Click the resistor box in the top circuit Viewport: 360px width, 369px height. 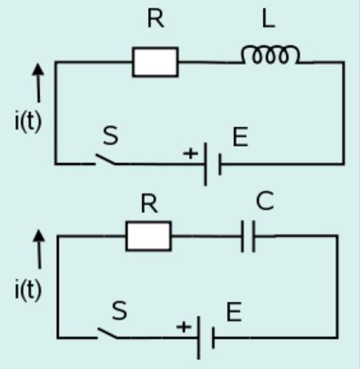tap(155, 62)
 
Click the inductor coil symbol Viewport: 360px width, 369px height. tap(271, 55)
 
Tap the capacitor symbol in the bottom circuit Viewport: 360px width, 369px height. tap(248, 236)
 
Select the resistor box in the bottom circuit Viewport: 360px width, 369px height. tap(148, 236)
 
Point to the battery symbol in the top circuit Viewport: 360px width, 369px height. tap(213, 164)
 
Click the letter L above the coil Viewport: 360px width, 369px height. tap(270, 19)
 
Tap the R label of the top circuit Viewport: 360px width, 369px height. tap(155, 20)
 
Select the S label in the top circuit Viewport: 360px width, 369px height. tap(111, 135)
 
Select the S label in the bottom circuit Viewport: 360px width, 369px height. tap(118, 311)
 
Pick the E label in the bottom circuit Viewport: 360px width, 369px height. tap(233, 312)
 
